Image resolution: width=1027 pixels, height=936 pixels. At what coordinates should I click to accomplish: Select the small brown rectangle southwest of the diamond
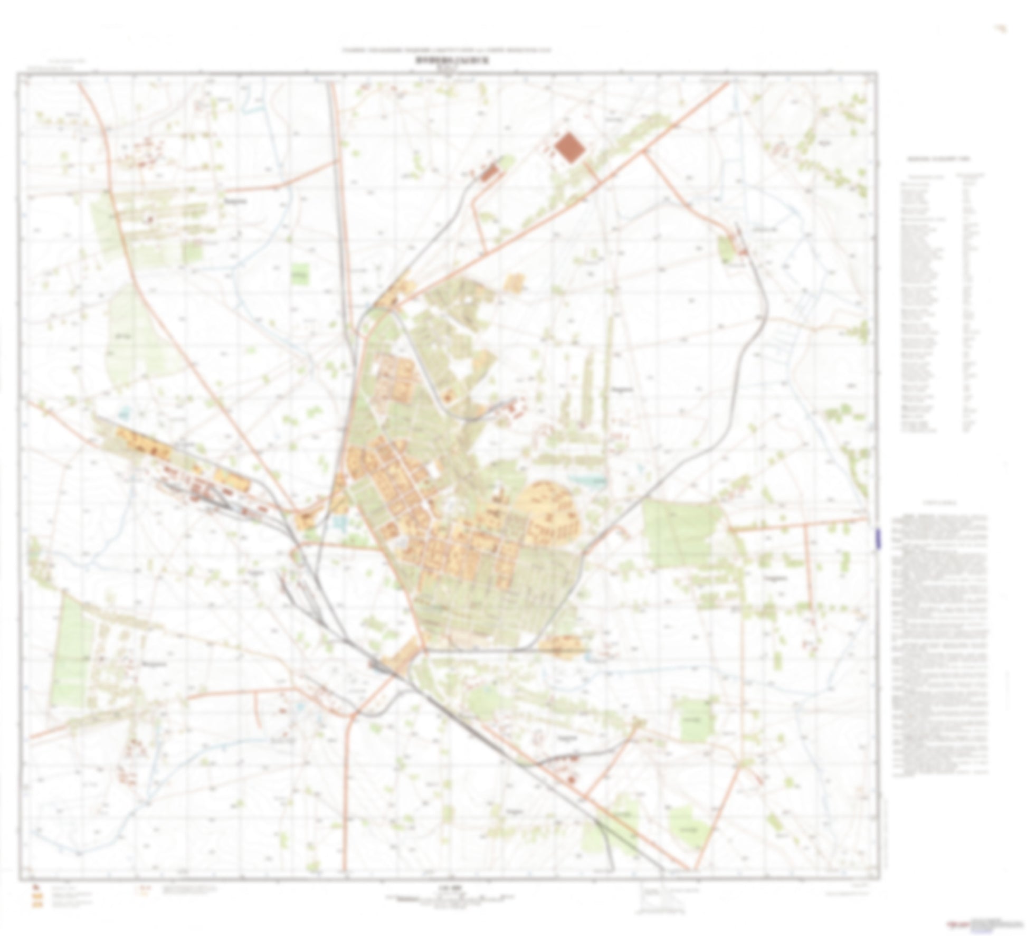pyautogui.click(x=490, y=172)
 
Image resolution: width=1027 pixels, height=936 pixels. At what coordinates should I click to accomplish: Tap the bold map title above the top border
pyautogui.click(x=449, y=60)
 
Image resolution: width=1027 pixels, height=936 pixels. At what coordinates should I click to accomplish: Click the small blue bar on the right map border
pyautogui.click(x=878, y=538)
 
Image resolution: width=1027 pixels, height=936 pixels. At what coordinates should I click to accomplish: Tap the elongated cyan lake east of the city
pyautogui.click(x=588, y=480)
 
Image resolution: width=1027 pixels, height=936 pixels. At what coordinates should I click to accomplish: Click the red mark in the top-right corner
pyautogui.click(x=999, y=30)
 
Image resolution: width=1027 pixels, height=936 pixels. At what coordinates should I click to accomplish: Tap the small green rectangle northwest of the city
pyautogui.click(x=300, y=274)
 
